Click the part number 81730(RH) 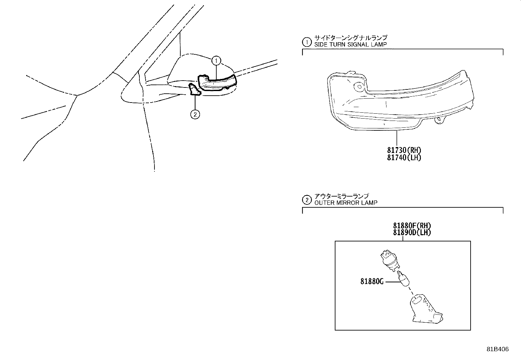tap(404, 150)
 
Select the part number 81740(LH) tap(404, 158)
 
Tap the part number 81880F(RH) tap(412, 226)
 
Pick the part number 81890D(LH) tap(412, 232)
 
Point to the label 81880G tap(372, 281)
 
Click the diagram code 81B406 tap(497, 349)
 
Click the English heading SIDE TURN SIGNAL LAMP tap(350, 45)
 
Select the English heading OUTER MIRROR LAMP tap(346, 203)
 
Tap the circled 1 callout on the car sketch tap(216, 61)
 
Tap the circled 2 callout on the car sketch tap(195, 114)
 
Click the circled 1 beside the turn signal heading tap(307, 42)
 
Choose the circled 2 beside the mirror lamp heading tap(307, 200)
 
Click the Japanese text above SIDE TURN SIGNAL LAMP tap(351, 38)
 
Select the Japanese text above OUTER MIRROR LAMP tap(341, 196)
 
